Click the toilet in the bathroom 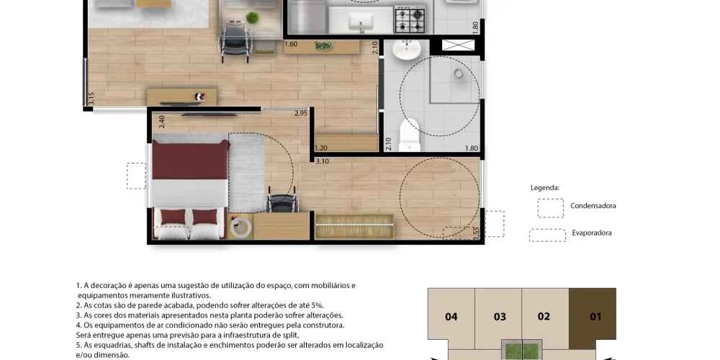(409, 134)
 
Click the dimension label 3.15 (91, 99)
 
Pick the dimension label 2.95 (301, 113)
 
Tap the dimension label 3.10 (322, 161)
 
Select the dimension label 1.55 (476, 233)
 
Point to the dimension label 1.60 (291, 45)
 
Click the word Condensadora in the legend (593, 206)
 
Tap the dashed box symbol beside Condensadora (550, 208)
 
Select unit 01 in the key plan (595, 316)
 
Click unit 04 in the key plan (451, 316)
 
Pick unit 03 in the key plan (499, 316)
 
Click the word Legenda (544, 187)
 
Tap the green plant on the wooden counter (323, 45)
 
